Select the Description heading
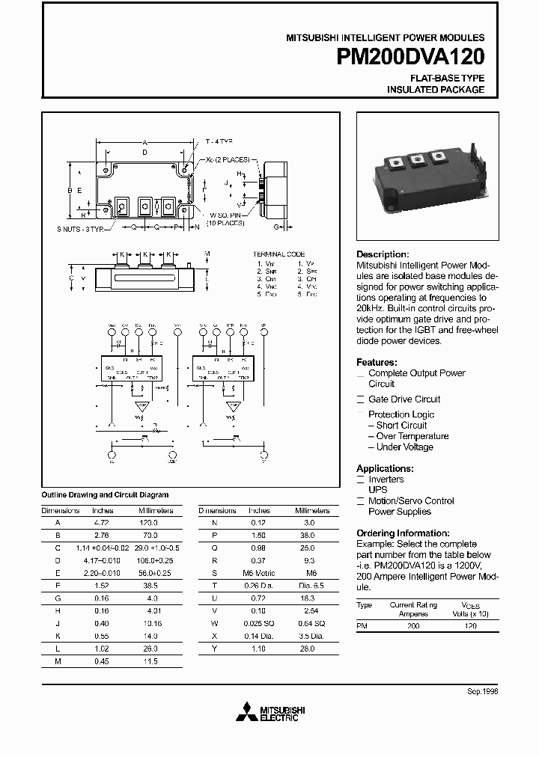click(383, 254)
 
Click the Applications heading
click(385, 468)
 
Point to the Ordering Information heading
click(401, 533)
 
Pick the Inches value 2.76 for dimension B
click(103, 536)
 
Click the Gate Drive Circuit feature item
click(404, 399)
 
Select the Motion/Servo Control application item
click(411, 501)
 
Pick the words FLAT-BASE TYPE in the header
click(447, 78)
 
